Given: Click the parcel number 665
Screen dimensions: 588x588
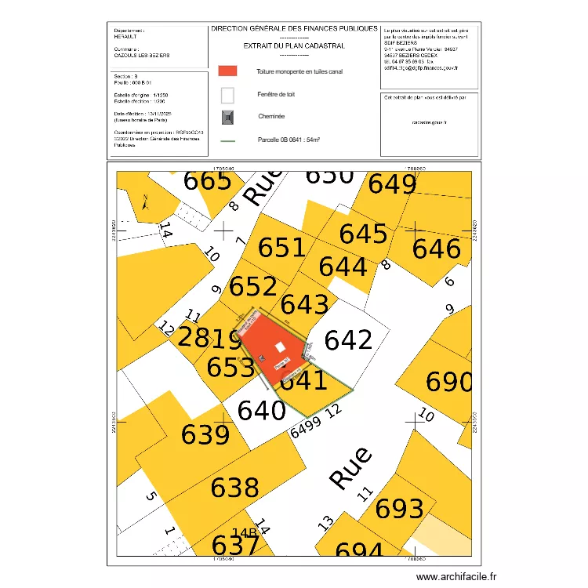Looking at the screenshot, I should (208, 180).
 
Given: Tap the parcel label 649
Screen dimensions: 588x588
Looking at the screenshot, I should (392, 185).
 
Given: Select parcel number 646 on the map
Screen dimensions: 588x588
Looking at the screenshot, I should (437, 249).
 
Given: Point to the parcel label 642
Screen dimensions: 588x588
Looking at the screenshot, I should (348, 340).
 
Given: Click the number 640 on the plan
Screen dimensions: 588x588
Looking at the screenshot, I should (262, 410).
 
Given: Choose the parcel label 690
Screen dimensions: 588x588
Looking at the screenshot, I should (448, 383).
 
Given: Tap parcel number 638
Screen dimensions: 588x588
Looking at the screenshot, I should (234, 488).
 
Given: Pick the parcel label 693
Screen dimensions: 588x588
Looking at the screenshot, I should (400, 510).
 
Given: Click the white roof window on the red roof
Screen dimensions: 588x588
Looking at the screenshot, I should (280, 347).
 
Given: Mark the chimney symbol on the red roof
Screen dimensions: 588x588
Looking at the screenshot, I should (262, 359).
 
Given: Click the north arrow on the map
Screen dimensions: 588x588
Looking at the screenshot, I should (145, 202).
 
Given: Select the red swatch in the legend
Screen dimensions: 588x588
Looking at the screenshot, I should (227, 71).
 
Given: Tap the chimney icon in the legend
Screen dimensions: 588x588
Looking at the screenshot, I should (227, 117).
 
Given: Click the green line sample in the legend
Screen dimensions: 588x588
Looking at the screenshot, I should (227, 140).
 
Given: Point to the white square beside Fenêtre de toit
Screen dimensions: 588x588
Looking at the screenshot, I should (227, 95).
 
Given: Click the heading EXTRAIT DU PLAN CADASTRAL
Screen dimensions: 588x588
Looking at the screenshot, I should (294, 46).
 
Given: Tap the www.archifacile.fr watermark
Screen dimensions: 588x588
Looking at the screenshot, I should (457, 576).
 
